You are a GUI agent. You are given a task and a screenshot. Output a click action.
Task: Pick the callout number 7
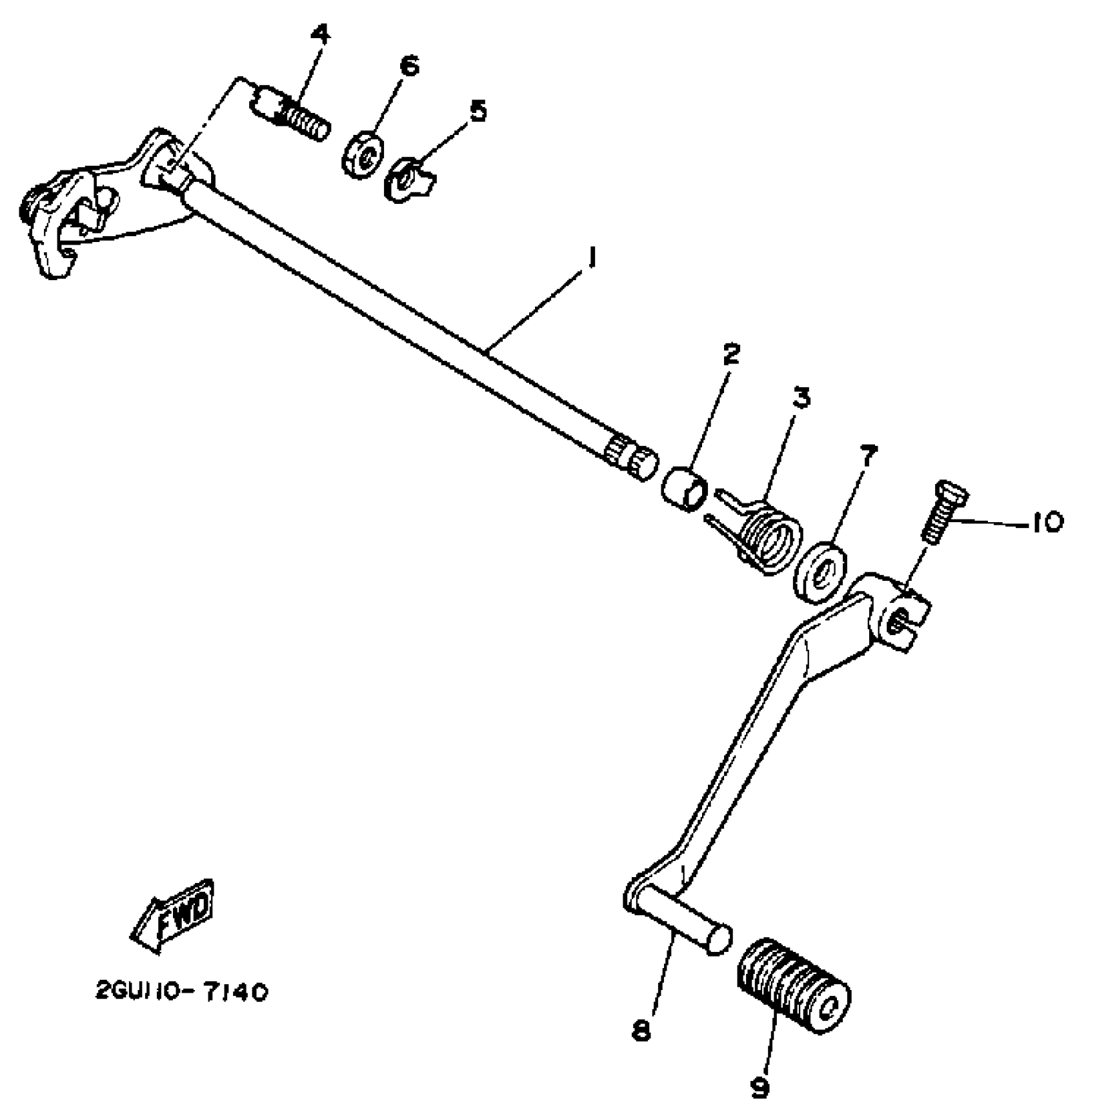click(x=868, y=458)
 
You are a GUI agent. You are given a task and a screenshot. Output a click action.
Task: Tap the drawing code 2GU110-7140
click(x=181, y=992)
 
